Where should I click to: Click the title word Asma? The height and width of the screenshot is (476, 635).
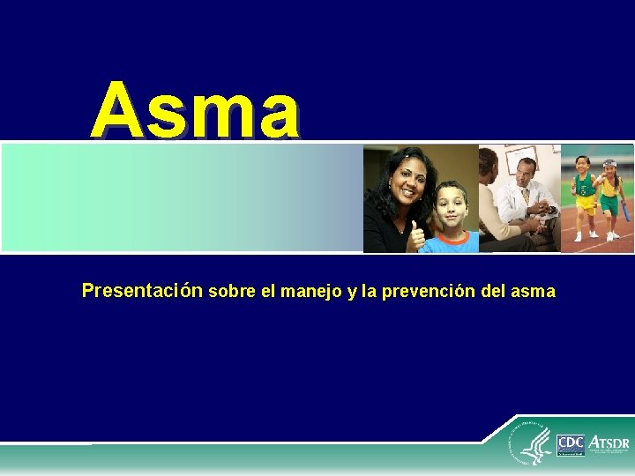(x=195, y=112)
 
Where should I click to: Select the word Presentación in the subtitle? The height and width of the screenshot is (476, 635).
(x=142, y=291)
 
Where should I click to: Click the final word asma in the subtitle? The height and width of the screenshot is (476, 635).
(x=533, y=292)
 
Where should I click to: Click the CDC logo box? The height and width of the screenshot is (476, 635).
(x=571, y=443)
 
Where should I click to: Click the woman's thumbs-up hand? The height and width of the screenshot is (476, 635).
(x=415, y=234)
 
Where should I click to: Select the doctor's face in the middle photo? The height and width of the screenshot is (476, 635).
(x=526, y=173)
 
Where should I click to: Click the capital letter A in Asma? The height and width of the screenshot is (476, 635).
(x=117, y=112)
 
